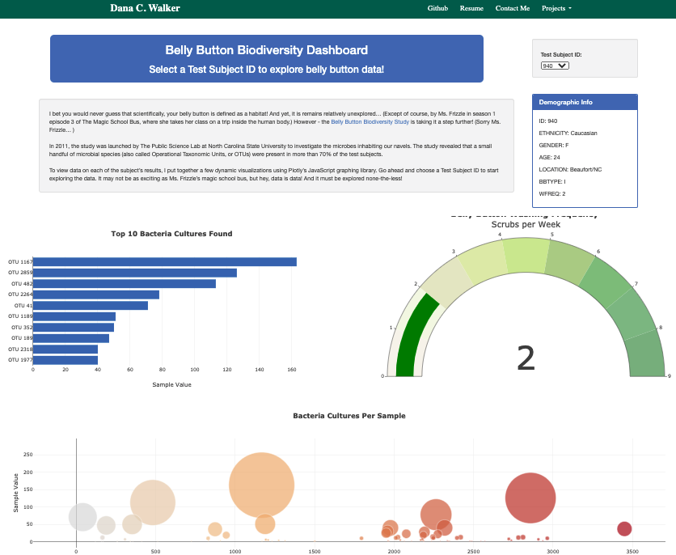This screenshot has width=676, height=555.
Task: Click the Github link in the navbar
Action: click(x=437, y=8)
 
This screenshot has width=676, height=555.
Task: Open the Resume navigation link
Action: click(x=471, y=8)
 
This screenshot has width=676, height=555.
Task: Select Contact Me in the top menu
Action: click(x=513, y=8)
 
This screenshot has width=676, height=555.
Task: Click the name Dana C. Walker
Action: click(x=145, y=8)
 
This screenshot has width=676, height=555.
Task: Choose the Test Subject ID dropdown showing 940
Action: click(x=555, y=66)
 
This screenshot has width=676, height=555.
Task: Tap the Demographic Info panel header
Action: click(x=585, y=103)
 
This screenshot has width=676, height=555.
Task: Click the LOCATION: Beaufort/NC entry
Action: click(x=570, y=169)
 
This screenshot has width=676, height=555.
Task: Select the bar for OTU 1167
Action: click(x=164, y=261)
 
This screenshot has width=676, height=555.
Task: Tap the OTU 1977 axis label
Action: click(x=20, y=360)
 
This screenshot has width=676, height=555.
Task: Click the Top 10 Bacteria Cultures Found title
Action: click(x=171, y=234)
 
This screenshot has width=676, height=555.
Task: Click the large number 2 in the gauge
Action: click(x=526, y=358)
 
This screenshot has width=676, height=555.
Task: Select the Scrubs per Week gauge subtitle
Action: click(x=525, y=224)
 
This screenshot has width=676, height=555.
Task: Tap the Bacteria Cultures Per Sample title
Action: click(x=349, y=415)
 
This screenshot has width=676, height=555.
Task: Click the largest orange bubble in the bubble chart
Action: click(x=261, y=485)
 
